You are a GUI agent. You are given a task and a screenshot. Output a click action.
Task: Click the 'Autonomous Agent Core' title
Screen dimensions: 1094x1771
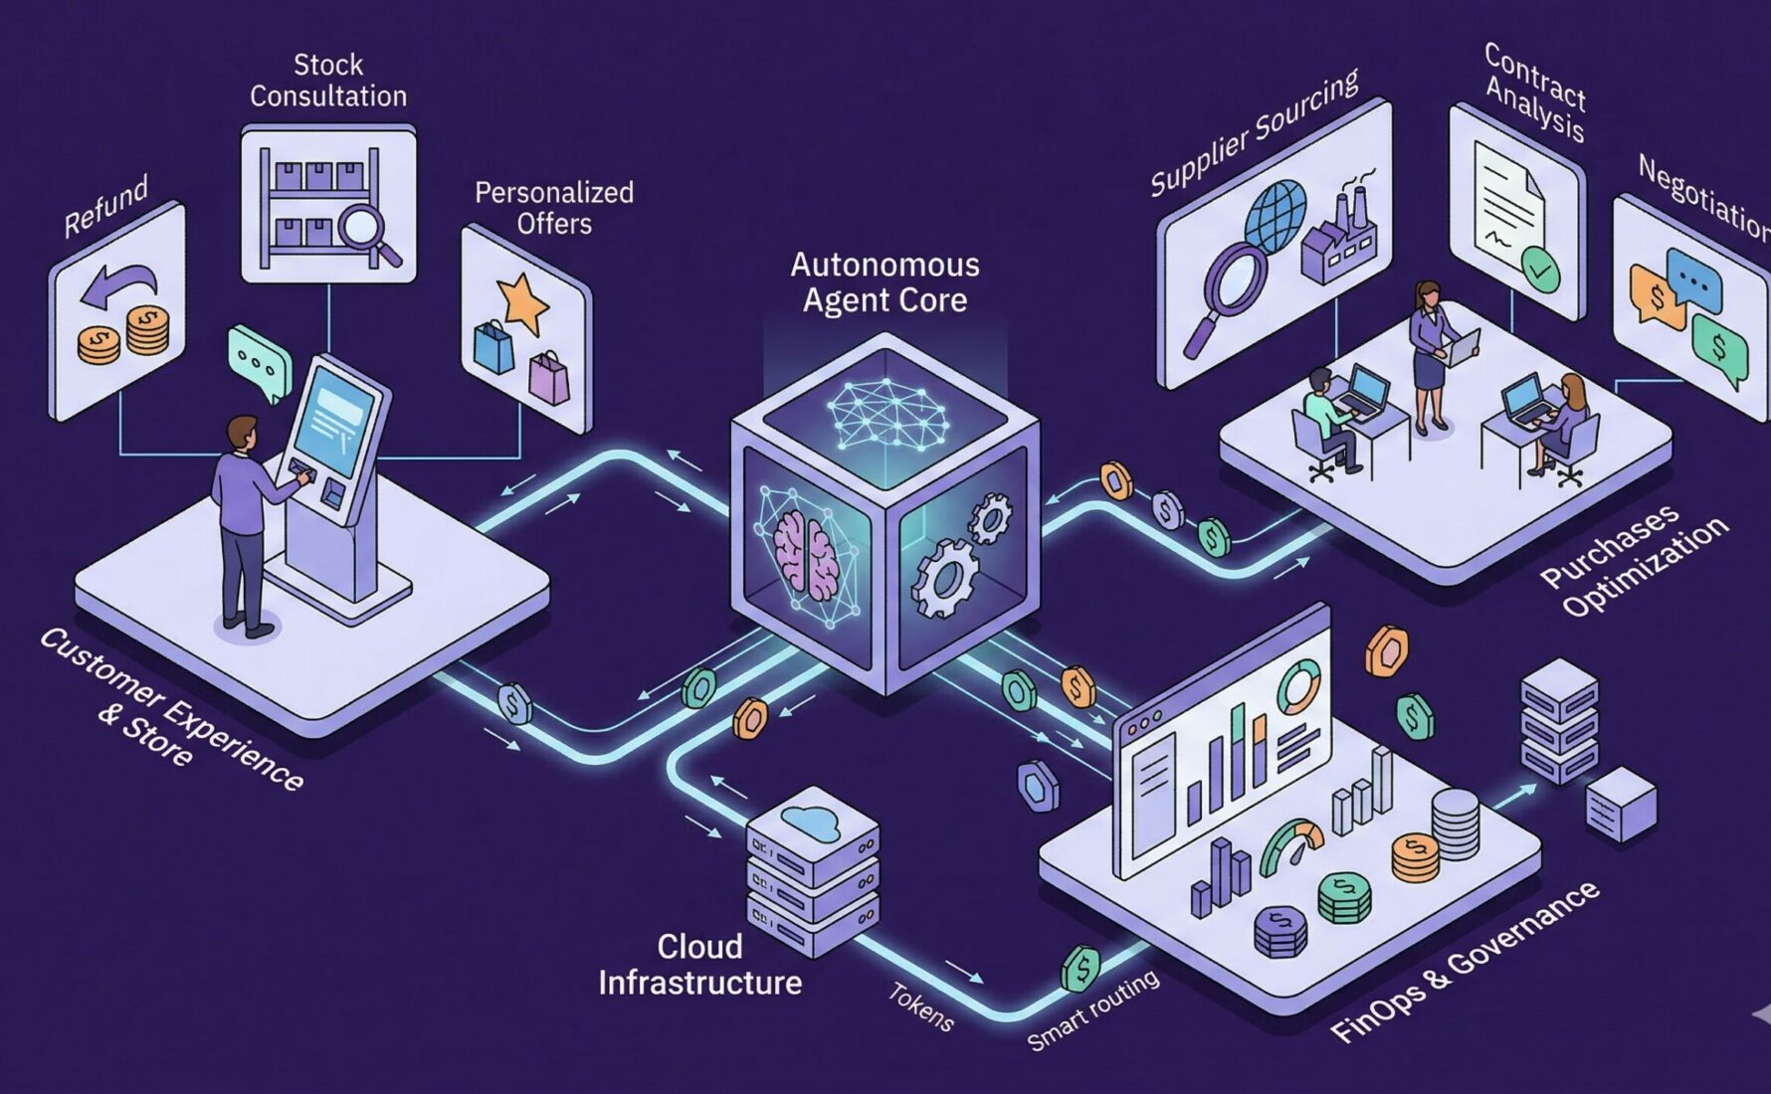pos(885,282)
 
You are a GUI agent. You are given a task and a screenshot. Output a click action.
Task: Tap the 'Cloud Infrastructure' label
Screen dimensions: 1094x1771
pos(699,964)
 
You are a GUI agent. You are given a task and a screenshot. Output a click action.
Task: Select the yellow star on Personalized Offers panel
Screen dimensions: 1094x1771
pos(523,301)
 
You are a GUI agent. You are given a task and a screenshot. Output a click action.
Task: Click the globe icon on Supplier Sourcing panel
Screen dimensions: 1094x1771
pos(1276,215)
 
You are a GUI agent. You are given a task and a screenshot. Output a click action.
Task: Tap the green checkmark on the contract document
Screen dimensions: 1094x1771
pos(1540,269)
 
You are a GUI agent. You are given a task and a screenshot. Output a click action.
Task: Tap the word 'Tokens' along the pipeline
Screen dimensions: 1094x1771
pos(920,1005)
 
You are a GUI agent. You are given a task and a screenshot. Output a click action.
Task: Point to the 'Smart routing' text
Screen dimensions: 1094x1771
pos(1093,1010)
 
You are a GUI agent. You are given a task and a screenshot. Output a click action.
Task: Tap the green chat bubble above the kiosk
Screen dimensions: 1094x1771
pos(259,363)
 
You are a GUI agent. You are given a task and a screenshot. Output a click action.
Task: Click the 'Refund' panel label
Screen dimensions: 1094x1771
pos(105,206)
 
